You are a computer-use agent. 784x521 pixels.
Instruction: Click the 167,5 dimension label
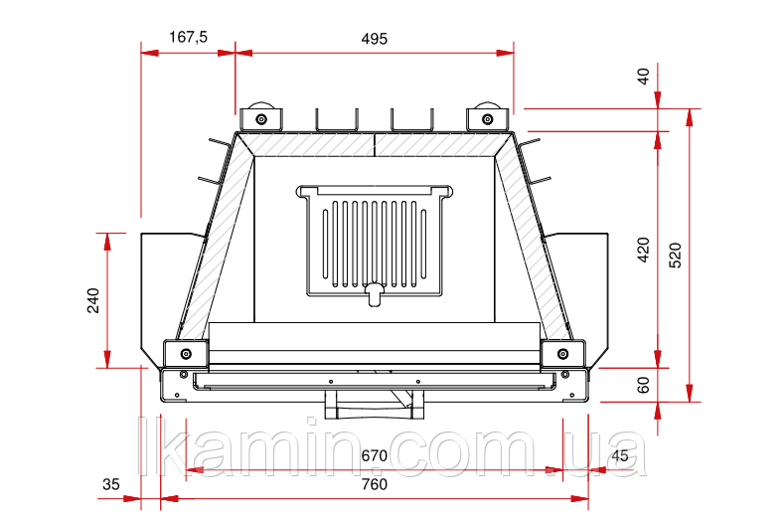click(188, 37)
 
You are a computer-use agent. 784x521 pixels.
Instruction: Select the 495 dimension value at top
click(374, 39)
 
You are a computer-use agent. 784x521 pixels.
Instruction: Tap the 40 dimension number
click(644, 77)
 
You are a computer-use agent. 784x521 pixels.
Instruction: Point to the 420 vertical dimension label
click(644, 250)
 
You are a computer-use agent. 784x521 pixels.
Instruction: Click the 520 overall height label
click(675, 256)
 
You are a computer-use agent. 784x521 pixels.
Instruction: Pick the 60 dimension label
click(644, 385)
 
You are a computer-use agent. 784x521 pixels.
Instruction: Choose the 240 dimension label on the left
click(93, 300)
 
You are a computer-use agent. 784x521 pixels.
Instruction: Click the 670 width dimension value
click(374, 455)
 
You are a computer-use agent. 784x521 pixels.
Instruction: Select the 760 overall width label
click(374, 484)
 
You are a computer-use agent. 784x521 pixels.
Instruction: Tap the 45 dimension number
click(619, 455)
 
